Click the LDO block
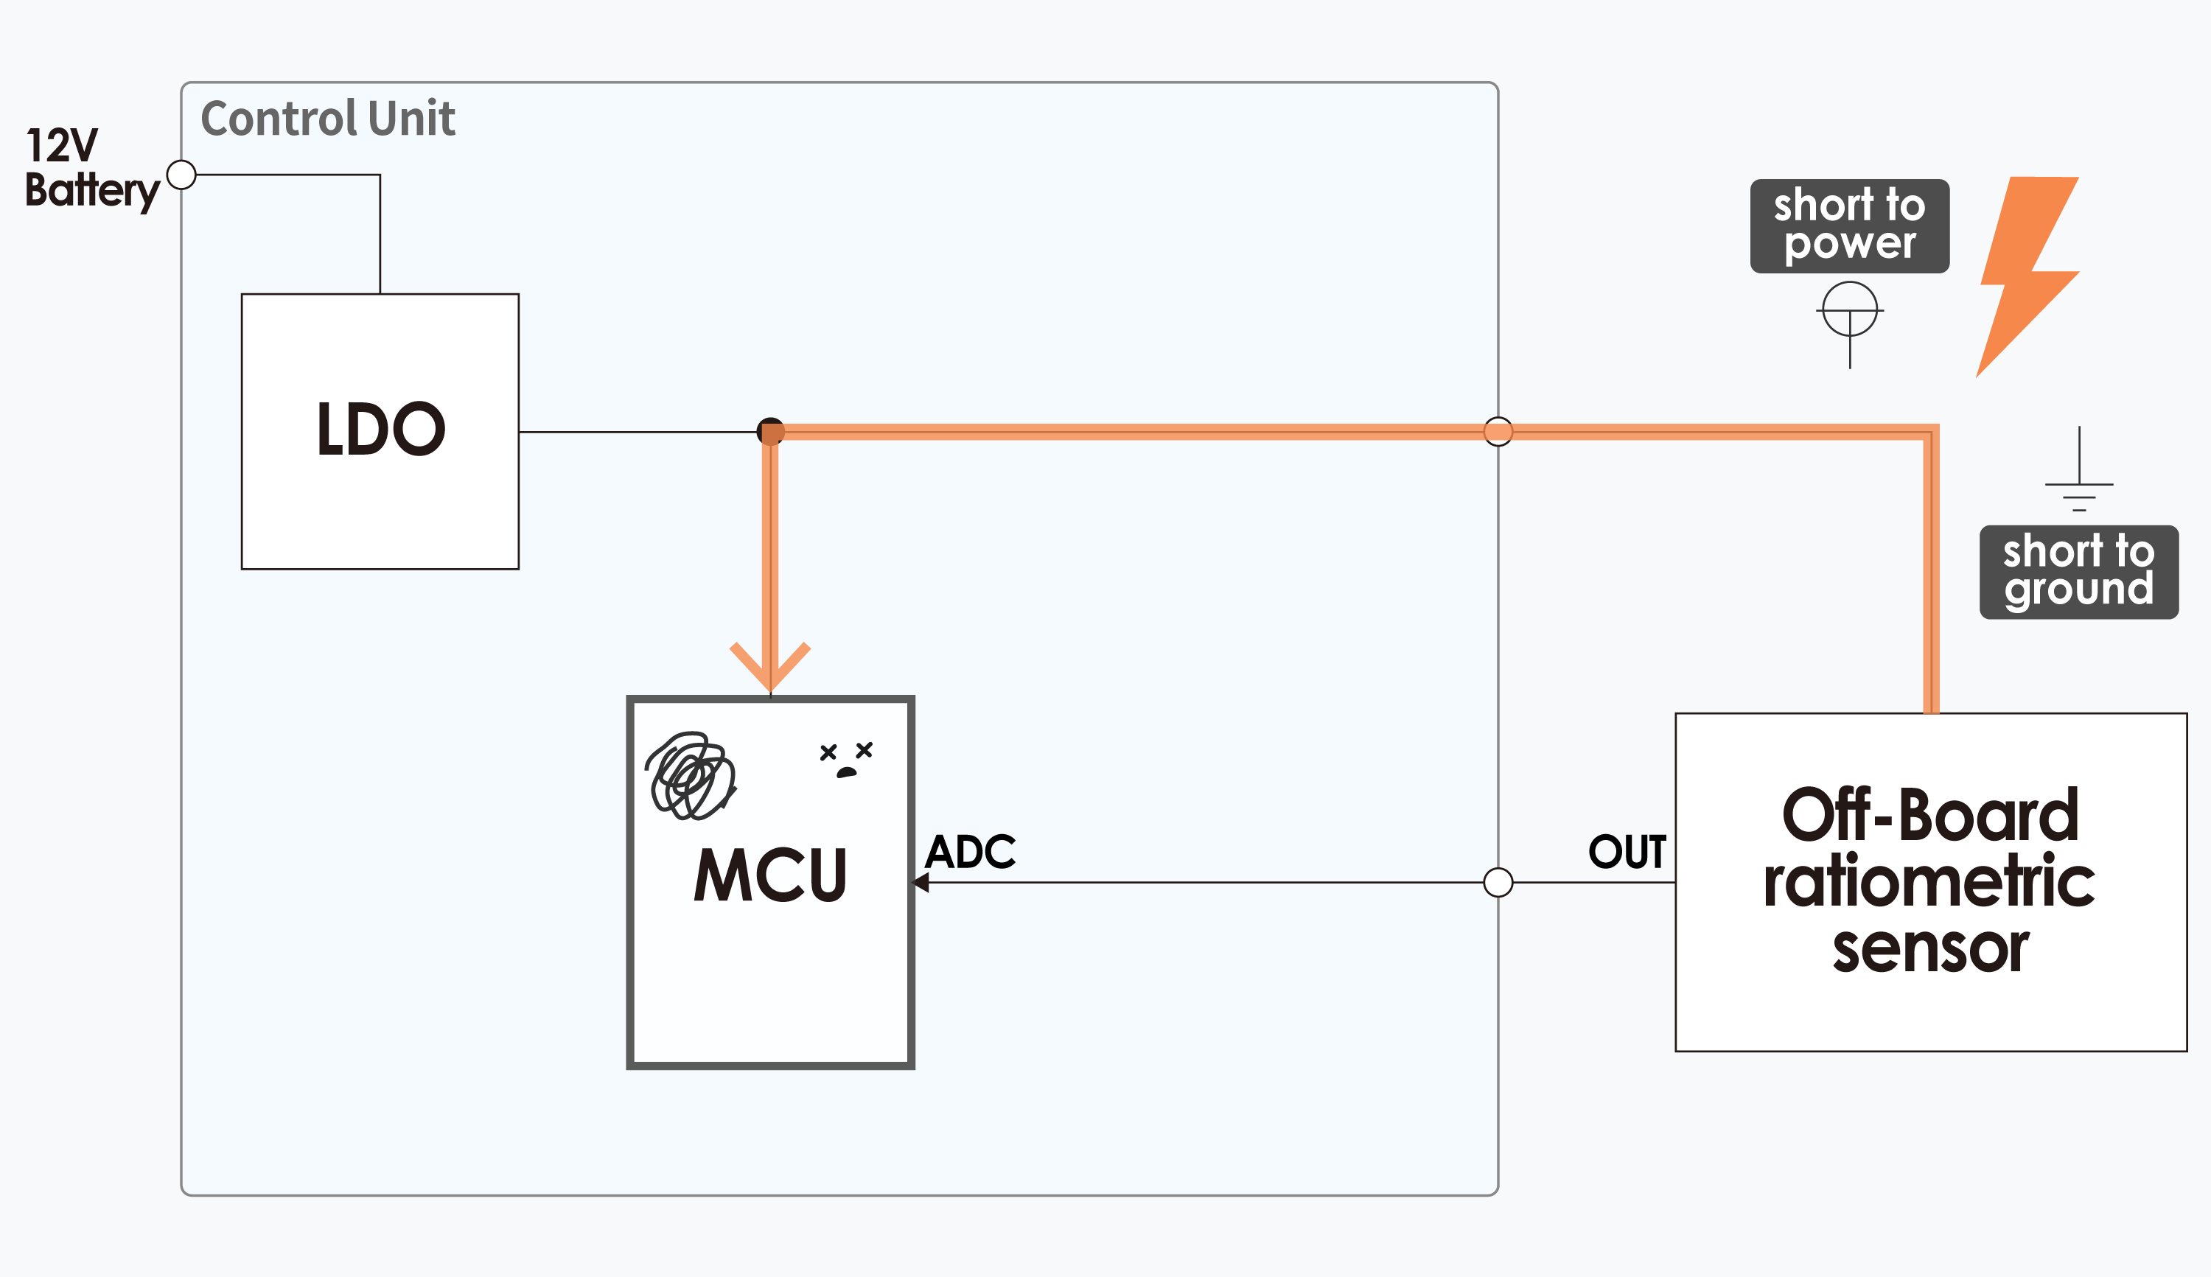(380, 432)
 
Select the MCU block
(770, 881)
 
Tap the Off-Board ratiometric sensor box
(1930, 881)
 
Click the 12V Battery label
(91, 169)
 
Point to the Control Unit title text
(328, 119)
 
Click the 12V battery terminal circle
(181, 175)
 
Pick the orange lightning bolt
(2027, 276)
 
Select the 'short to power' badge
(1850, 226)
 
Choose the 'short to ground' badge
(2078, 572)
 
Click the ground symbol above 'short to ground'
(2078, 469)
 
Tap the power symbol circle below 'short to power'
(1850, 309)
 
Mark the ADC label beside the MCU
(970, 852)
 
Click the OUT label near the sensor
(1627, 852)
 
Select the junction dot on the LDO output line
(770, 432)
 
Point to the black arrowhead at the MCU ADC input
(921, 882)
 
